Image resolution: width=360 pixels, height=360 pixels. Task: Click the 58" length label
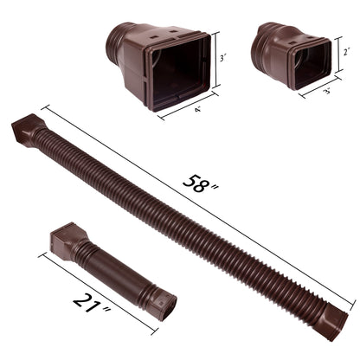[197, 184]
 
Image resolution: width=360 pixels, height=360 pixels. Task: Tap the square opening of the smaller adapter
[310, 62]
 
